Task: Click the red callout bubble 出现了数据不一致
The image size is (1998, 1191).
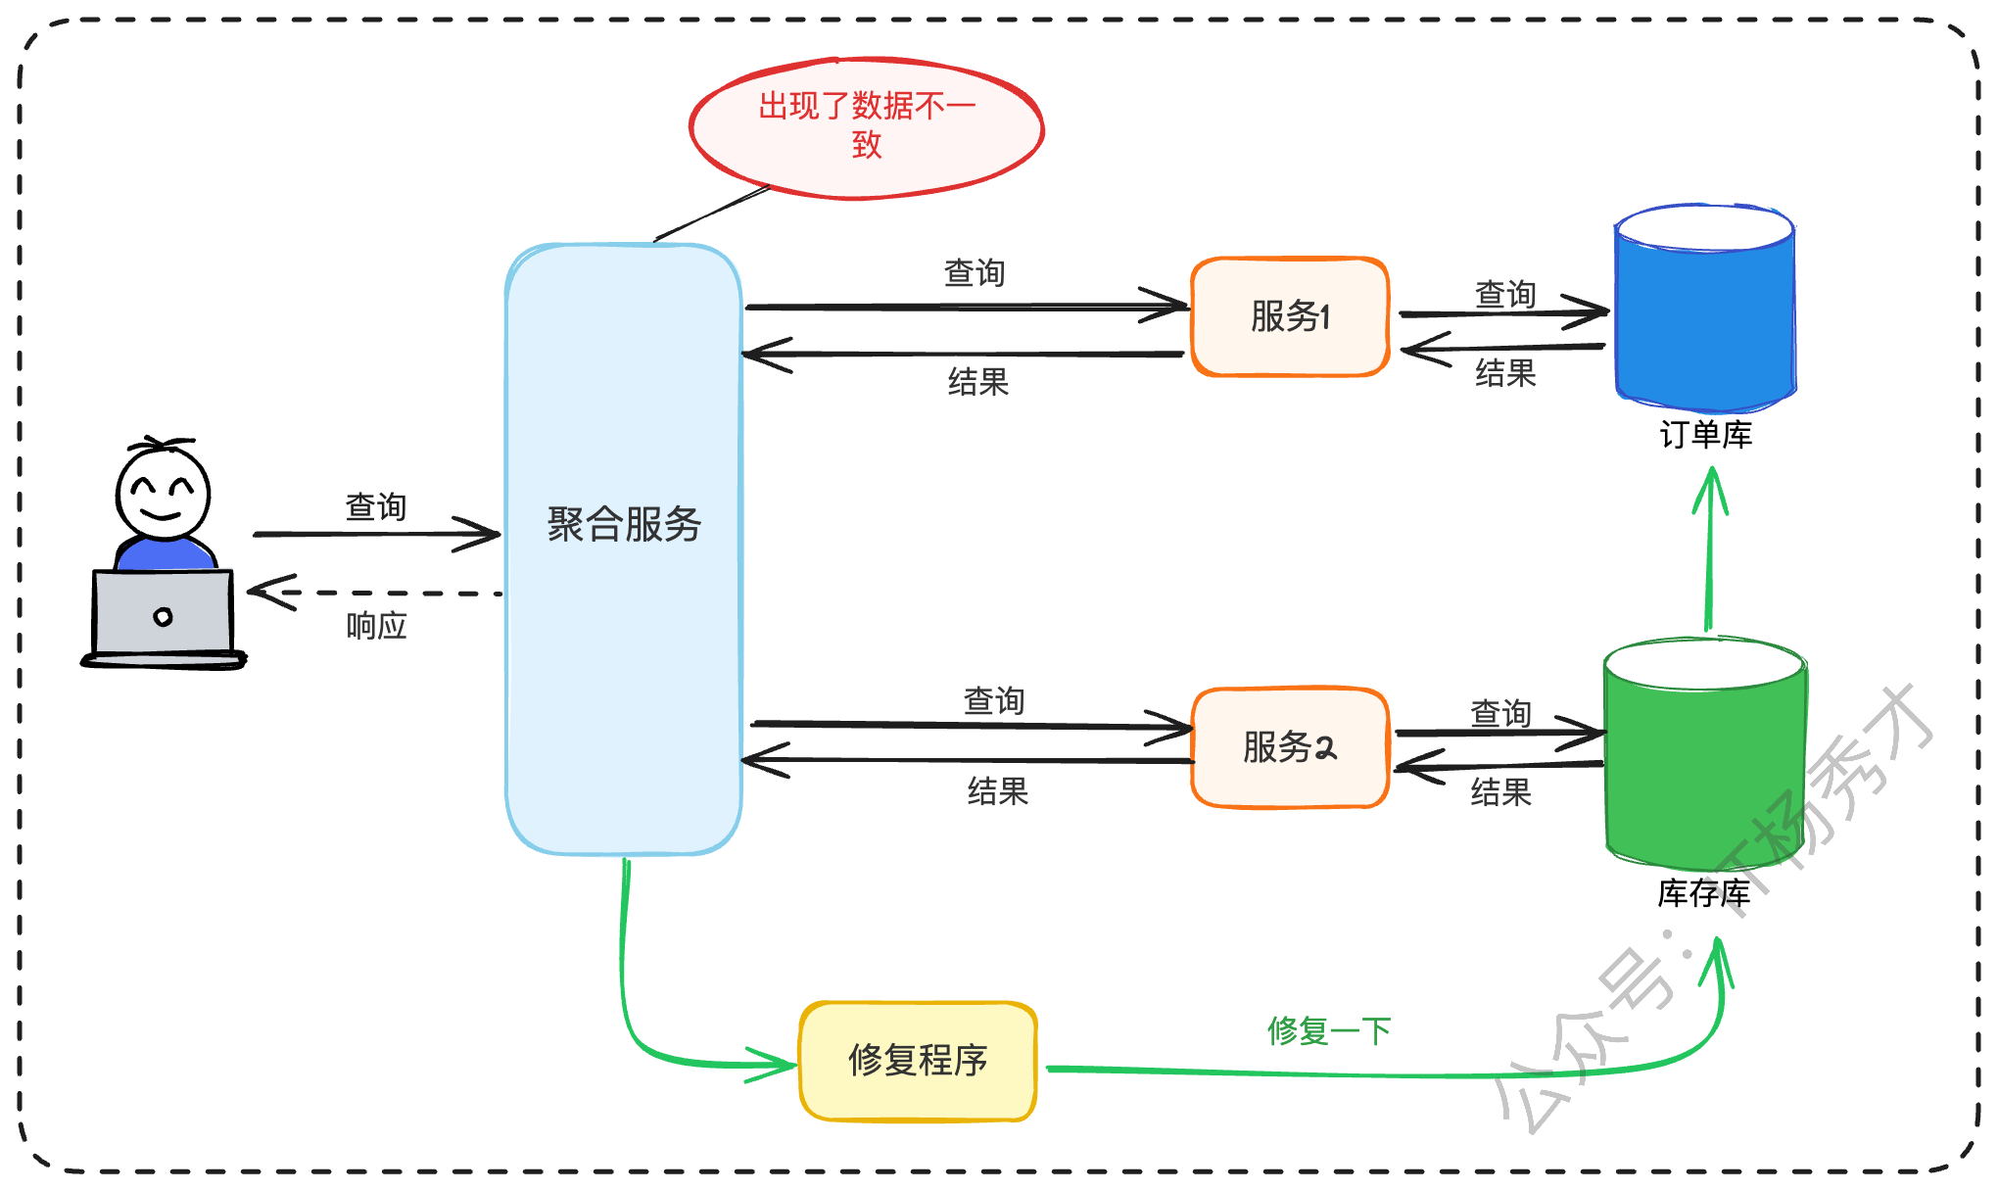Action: point(866,127)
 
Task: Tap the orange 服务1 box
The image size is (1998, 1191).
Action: point(1290,316)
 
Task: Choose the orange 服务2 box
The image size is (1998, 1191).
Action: point(1290,747)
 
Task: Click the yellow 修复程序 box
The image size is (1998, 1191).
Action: point(918,1061)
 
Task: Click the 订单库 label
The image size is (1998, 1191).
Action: point(1705,435)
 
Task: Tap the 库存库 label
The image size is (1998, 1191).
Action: point(1703,893)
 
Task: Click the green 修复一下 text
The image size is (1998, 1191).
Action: point(1328,1030)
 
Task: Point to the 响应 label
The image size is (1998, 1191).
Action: point(376,626)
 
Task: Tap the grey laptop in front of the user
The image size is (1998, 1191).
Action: point(163,614)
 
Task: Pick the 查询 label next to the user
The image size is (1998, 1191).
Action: point(376,507)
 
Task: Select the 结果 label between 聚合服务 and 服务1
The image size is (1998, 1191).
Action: point(977,382)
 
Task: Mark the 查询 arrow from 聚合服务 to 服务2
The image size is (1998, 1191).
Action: point(970,726)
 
